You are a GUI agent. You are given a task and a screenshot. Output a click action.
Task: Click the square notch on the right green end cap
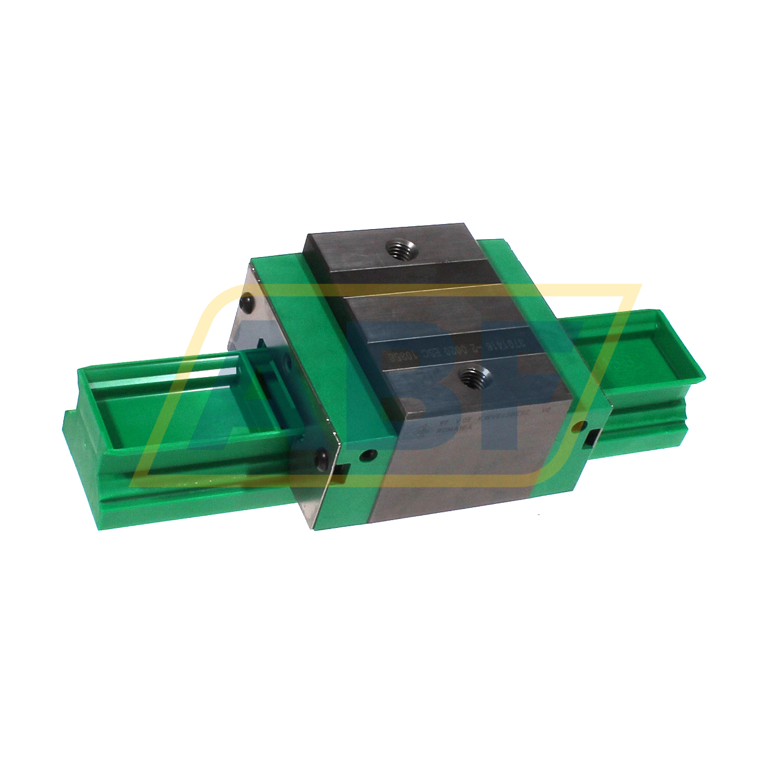point(592,438)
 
